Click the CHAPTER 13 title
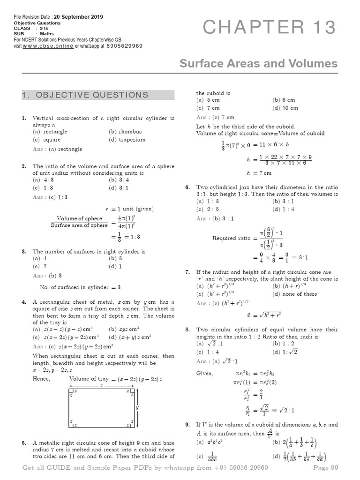[270, 29]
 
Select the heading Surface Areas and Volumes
[258, 64]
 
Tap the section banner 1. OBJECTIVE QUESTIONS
[98, 95]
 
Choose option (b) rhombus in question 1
[125, 132]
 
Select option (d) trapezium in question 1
[127, 140]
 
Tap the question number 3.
[23, 252]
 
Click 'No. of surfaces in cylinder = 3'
[80, 287]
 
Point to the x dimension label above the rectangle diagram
[102, 385]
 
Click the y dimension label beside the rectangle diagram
[137, 408]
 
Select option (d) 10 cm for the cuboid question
[285, 108]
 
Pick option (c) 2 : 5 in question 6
[207, 209]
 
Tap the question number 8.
[187, 330]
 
